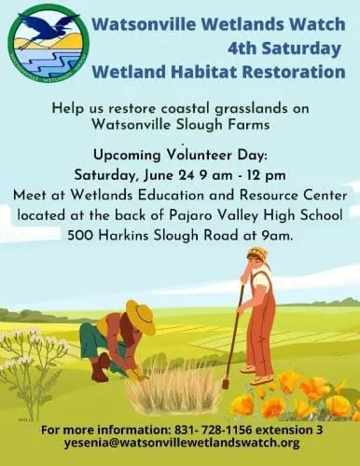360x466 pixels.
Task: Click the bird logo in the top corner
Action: click(x=48, y=41)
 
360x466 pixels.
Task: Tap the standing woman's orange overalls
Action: click(x=260, y=326)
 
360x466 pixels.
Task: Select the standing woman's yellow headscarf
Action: click(x=257, y=254)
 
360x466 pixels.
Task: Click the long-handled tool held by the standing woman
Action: click(x=233, y=336)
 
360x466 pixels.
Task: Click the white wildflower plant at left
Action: click(x=33, y=359)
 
